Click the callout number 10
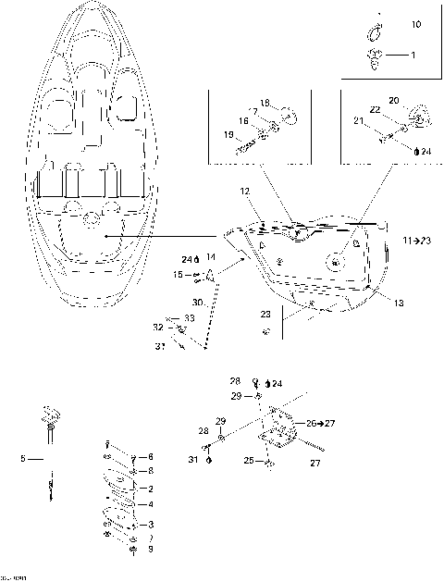coord(413,23)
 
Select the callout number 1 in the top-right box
coord(413,56)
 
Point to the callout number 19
coord(228,135)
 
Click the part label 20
coord(393,100)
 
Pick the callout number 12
coord(246,191)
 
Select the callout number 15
coord(177,275)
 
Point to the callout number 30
coord(197,303)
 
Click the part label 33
coord(190,318)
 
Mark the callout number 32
coord(158,327)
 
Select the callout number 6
coord(152,458)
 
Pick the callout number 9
coord(152,550)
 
